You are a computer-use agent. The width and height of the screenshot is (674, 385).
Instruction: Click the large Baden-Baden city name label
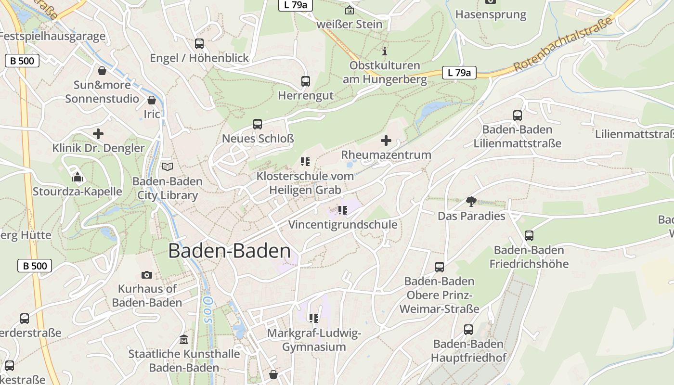pyautogui.click(x=230, y=251)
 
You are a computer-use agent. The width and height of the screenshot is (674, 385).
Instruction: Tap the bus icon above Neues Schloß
pyautogui.click(x=258, y=124)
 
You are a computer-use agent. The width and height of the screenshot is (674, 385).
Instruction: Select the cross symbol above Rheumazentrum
pyautogui.click(x=386, y=141)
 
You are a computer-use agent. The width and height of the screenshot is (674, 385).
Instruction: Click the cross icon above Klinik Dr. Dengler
pyautogui.click(x=98, y=134)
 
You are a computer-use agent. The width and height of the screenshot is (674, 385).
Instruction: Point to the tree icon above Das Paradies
pyautogui.click(x=471, y=202)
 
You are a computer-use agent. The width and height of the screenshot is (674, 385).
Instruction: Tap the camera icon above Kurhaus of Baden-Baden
pyautogui.click(x=147, y=275)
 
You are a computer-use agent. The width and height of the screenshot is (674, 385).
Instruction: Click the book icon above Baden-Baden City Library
pyautogui.click(x=168, y=167)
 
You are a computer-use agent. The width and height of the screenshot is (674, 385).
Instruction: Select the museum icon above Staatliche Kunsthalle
pyautogui.click(x=183, y=340)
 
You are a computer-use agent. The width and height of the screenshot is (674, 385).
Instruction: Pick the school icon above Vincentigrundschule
pyautogui.click(x=342, y=210)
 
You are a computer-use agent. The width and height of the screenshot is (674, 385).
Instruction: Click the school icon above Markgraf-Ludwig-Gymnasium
pyautogui.click(x=314, y=318)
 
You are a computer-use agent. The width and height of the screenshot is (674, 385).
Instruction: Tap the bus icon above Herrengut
pyautogui.click(x=306, y=81)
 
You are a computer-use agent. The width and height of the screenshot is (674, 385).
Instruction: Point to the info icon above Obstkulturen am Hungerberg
pyautogui.click(x=384, y=51)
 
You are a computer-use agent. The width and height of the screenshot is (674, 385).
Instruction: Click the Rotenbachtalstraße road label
pyautogui.click(x=564, y=44)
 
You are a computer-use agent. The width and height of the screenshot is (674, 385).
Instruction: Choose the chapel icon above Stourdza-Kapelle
pyautogui.click(x=78, y=177)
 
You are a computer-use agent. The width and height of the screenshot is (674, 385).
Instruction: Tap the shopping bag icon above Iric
pyautogui.click(x=152, y=100)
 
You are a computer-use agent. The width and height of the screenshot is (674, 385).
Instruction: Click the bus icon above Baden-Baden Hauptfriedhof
pyautogui.click(x=468, y=330)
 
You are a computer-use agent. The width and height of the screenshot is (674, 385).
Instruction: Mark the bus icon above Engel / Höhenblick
pyautogui.click(x=199, y=44)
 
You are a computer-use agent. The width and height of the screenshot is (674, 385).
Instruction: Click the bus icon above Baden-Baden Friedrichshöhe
pyautogui.click(x=529, y=236)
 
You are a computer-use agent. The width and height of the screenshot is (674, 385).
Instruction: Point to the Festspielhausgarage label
pyautogui.click(x=52, y=36)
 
